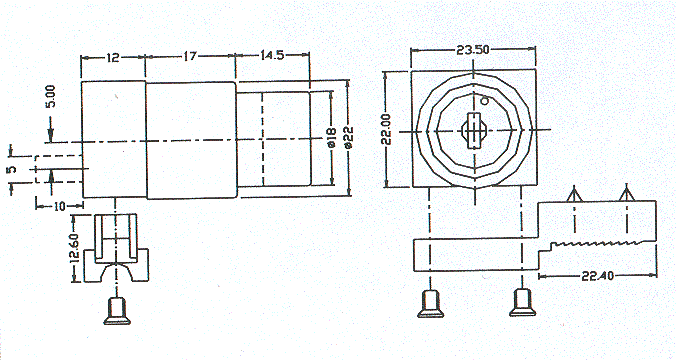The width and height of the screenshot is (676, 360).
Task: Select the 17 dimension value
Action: click(189, 57)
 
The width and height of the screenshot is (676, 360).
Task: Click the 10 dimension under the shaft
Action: click(60, 205)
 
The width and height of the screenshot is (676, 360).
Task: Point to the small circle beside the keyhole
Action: click(484, 100)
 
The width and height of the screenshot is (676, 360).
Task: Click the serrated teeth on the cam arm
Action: click(596, 244)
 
